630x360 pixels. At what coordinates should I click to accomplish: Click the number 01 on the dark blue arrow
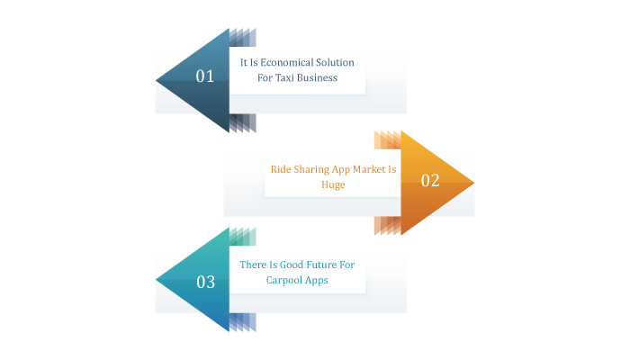tap(205, 76)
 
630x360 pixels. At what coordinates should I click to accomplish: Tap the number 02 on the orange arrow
tap(430, 180)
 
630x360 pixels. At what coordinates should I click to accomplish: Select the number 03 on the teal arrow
tap(206, 282)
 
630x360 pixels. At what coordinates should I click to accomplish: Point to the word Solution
tap(335, 63)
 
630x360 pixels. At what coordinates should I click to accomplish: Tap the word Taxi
tap(285, 78)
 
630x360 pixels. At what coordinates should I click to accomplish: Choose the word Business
tap(318, 78)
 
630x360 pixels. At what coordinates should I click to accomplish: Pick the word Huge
tap(333, 184)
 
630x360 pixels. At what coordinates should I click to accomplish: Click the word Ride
tap(281, 169)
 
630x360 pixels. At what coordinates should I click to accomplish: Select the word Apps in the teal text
tap(318, 281)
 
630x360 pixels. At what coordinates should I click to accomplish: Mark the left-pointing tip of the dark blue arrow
tap(156, 80)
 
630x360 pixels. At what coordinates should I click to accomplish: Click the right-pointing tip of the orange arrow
tap(474, 183)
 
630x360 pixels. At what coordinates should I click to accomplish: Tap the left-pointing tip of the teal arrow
tap(156, 280)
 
